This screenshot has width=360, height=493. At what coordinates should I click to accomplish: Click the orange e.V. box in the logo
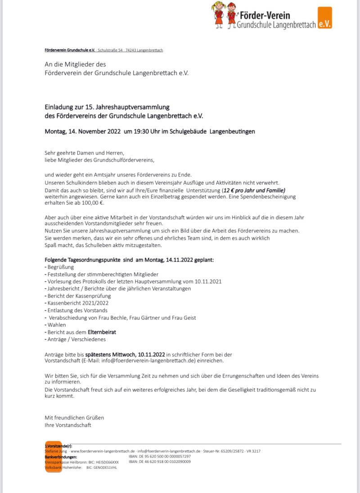324,18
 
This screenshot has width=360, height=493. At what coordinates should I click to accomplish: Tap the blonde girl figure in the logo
219,14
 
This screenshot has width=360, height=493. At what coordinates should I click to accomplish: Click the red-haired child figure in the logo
232,15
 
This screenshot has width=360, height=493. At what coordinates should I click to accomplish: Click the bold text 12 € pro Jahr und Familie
260,190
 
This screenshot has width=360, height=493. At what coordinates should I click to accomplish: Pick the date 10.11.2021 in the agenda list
208,281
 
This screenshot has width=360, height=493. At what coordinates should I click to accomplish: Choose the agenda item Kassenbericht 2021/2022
77,303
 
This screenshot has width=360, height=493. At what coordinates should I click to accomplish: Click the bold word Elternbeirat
102,332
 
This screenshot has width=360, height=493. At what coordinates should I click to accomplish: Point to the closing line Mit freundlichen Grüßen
74,417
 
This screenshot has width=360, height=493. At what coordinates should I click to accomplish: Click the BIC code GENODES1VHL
103,468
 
